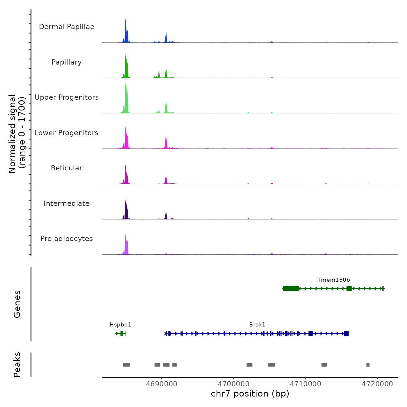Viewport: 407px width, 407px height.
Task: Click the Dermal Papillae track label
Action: click(67, 27)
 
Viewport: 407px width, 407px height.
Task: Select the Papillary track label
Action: click(67, 62)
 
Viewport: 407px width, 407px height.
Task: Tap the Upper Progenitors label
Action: click(67, 97)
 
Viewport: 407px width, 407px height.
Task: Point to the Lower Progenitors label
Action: click(67, 133)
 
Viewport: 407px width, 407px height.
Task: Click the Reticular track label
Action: click(67, 168)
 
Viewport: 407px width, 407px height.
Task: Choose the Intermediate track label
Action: click(67, 203)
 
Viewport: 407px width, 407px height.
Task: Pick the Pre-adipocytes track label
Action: click(67, 239)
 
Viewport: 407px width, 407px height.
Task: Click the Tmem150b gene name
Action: click(333, 280)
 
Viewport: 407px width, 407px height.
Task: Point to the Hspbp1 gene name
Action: click(120, 325)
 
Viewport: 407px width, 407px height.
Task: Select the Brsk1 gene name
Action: click(257, 325)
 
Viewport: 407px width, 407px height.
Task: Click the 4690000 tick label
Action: click(162, 384)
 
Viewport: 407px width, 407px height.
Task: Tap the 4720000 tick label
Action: click(377, 384)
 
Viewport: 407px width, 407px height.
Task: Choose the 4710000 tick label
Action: click(306, 384)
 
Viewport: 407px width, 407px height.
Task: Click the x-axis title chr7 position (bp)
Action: click(250, 394)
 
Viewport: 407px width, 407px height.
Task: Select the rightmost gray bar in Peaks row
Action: click(368, 365)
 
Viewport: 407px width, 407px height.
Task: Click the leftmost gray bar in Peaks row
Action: click(126, 365)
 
